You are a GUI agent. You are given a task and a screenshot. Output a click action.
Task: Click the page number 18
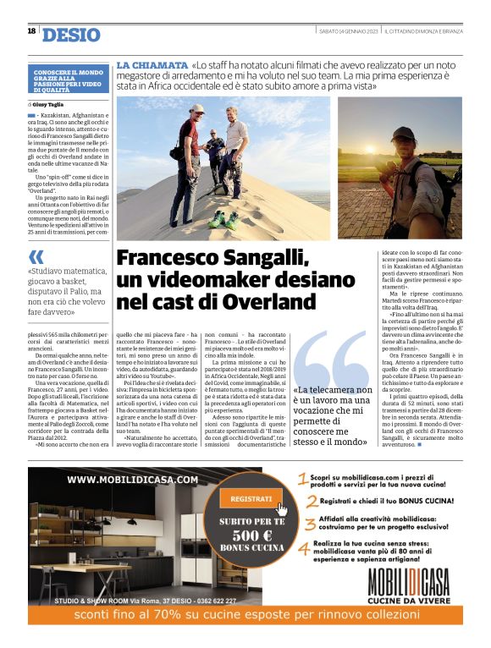pos(31,31)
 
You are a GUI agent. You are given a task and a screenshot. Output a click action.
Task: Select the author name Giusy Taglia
pos(48,104)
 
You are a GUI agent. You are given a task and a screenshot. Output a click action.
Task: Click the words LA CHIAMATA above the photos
pos(152,65)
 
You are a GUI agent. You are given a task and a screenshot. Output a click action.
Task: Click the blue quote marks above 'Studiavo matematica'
pos(36,256)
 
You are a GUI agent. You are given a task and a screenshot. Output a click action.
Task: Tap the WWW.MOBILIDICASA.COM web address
pos(132,479)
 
